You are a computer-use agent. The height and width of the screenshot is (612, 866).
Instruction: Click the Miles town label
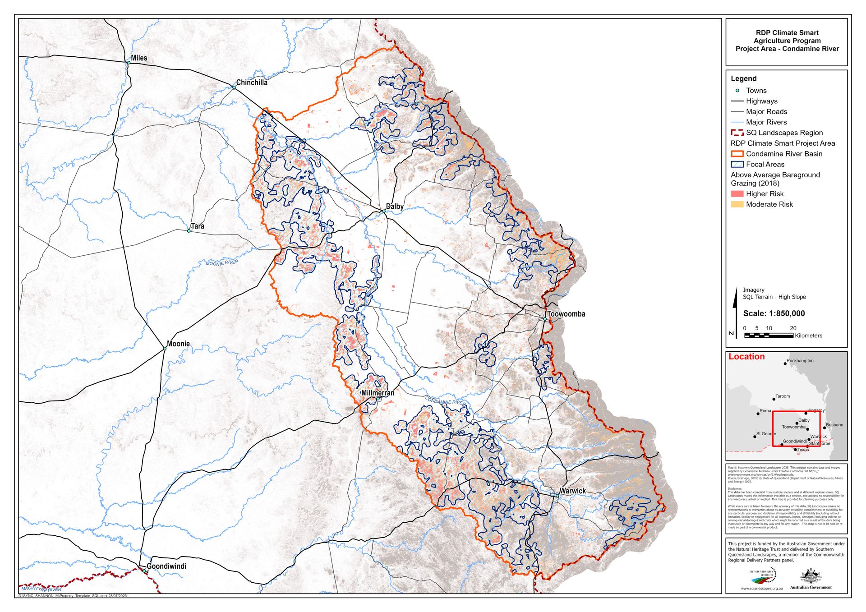point(138,58)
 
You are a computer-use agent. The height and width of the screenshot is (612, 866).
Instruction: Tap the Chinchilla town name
point(251,83)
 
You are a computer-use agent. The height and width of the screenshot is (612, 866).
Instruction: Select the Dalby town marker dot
point(383,211)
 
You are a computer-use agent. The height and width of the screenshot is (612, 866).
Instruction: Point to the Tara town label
point(197,226)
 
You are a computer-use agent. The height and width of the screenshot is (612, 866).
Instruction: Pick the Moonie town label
point(178,344)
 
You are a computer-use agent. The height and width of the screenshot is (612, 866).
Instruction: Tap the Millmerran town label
point(378,393)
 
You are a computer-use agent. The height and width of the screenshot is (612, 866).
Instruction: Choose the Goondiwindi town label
point(166,566)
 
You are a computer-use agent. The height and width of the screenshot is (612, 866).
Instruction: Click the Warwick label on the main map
point(572,491)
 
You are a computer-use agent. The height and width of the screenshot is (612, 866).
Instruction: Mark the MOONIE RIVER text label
point(222,262)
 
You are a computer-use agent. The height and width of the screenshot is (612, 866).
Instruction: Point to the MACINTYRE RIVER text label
point(41,589)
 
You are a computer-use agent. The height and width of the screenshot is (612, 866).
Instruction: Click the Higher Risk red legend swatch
point(737,194)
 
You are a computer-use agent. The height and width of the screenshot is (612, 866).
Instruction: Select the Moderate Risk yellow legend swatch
point(737,204)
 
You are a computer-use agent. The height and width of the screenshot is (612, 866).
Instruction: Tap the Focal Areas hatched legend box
point(737,165)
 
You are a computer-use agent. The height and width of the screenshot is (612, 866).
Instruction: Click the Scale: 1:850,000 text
point(774,313)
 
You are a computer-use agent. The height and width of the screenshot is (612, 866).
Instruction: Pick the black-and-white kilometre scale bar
point(769,336)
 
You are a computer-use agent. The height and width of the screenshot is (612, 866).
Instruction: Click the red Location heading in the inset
point(746,357)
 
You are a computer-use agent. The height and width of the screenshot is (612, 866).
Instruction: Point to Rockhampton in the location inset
point(800,361)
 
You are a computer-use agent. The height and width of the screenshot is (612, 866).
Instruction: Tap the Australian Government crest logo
point(811,576)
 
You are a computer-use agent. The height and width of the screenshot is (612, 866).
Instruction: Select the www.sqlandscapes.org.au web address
point(761,589)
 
